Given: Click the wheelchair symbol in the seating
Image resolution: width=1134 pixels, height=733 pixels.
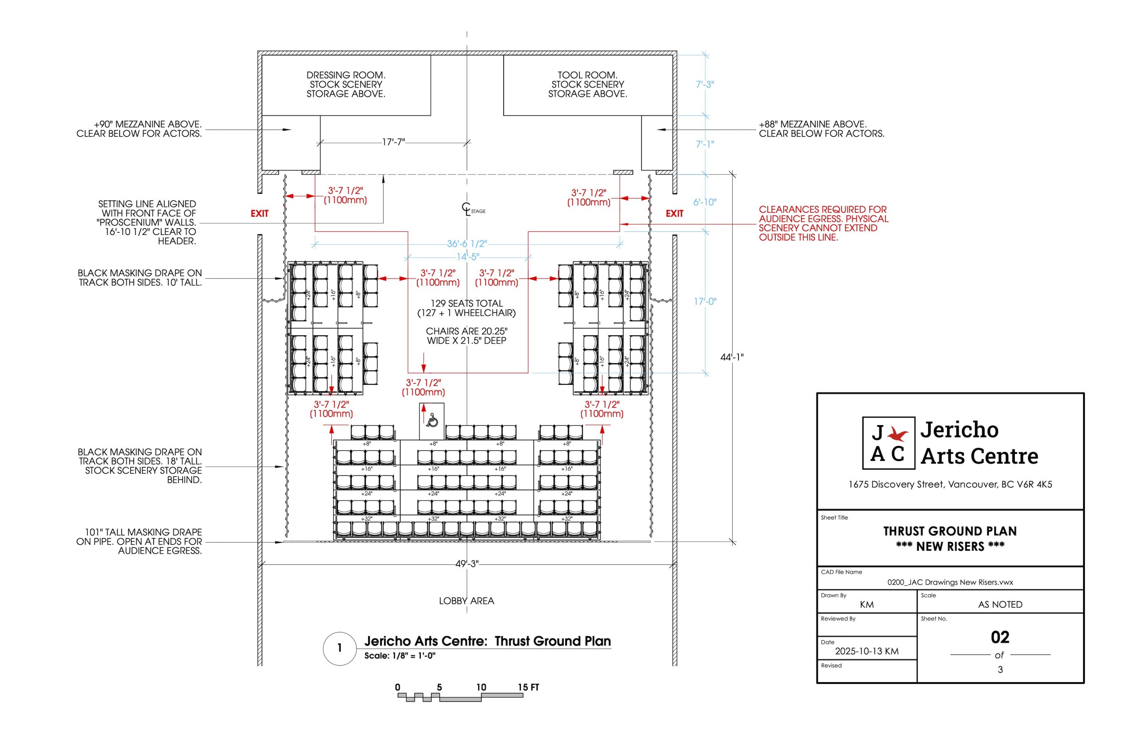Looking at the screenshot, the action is coord(432,420).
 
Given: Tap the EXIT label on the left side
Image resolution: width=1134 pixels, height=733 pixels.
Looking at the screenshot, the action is coord(260,214).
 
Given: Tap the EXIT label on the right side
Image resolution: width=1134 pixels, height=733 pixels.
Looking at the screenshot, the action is coord(674,214).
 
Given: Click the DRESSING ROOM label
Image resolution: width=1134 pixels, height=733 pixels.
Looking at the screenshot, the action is coord(346,75).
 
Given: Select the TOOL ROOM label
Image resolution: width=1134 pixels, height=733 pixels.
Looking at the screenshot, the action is coord(587,75).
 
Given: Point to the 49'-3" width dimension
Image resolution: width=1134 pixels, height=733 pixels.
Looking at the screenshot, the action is coord(467,564).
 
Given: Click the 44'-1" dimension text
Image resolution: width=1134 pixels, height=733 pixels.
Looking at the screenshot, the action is coord(732,357).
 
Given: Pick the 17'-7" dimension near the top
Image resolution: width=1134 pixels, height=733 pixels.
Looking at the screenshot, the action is coord(393,142).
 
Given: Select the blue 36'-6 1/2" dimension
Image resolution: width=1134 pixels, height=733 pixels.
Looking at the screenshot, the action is coord(467,244).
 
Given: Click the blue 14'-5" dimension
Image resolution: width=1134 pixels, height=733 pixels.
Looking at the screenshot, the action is coord(467,257).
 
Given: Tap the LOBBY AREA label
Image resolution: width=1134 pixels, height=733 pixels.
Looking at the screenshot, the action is coord(466,601).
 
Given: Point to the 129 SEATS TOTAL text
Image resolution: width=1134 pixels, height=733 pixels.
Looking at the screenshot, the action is coord(466,303).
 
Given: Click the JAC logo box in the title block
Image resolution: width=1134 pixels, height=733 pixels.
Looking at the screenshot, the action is coord(889,443).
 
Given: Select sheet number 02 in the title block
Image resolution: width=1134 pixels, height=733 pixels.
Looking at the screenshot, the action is coord(1000,637).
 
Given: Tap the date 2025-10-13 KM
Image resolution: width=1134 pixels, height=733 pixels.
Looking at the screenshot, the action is coord(867,652).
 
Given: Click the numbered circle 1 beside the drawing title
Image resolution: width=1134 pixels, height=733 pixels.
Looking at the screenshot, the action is coord(340,648).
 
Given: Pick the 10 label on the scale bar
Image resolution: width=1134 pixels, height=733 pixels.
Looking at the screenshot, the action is coord(481,687).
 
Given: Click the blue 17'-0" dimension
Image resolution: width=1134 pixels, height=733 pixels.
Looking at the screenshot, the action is coord(705,302).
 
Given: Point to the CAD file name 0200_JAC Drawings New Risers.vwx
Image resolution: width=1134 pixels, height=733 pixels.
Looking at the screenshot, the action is coord(950,582).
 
